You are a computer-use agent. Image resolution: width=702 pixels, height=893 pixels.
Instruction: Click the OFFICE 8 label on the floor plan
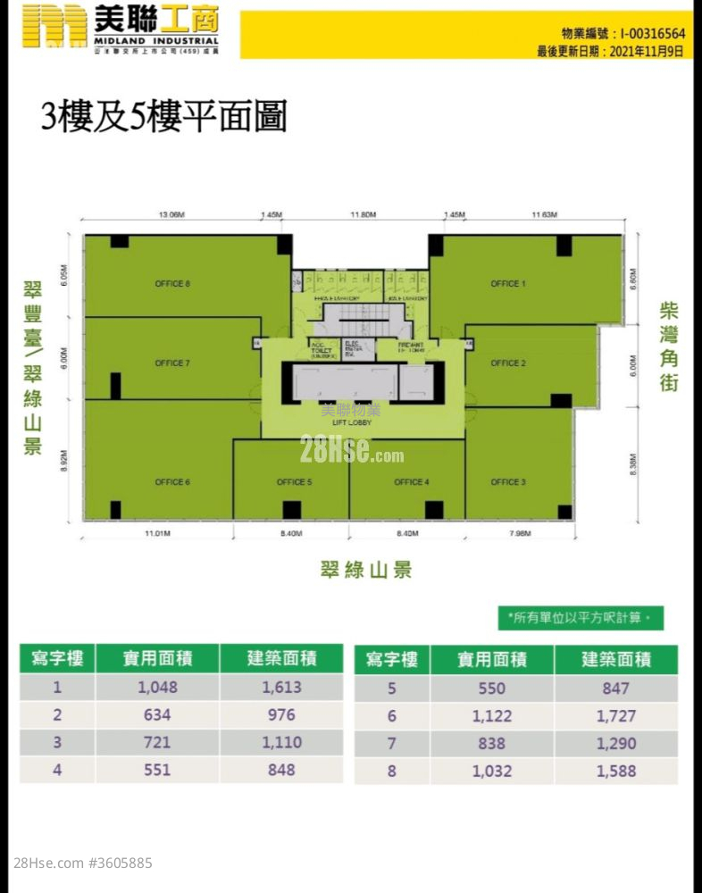172,284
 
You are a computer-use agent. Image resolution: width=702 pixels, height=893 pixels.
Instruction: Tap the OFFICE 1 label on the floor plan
508,284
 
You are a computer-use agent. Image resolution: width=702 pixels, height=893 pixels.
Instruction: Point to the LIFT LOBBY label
352,423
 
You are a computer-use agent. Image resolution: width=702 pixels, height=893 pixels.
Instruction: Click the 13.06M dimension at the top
171,215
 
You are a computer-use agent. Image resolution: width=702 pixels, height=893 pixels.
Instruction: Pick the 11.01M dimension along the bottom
157,534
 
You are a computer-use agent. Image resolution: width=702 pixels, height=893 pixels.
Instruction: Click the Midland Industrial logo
120,29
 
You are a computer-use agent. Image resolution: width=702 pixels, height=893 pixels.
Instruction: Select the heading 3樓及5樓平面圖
163,117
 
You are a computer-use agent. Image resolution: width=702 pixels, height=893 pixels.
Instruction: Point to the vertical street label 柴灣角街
669,347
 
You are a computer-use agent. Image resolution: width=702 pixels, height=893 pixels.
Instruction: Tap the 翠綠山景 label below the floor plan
366,570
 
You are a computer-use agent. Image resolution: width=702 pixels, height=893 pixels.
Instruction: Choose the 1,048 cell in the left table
158,688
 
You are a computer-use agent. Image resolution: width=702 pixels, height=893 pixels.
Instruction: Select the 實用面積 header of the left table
157,659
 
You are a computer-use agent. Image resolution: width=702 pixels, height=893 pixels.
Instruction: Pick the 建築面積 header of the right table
616,660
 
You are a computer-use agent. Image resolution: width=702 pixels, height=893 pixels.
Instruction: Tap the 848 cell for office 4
281,770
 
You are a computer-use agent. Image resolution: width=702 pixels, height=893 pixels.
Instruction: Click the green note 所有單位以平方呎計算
581,617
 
